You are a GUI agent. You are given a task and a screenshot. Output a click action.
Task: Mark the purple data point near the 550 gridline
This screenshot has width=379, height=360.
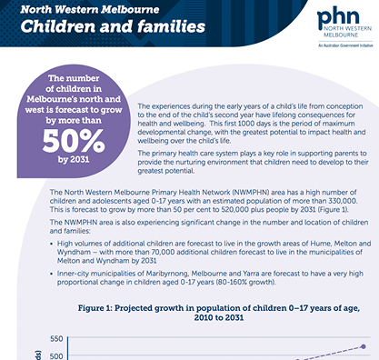tap(364, 346)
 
